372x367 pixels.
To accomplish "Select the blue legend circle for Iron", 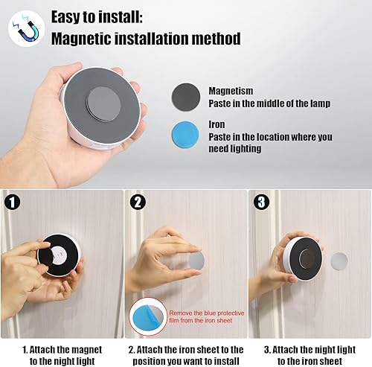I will click(189, 138).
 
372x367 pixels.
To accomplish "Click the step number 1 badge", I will click(13, 201).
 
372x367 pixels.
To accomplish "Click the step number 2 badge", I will click(137, 202).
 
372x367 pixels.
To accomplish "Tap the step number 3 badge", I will click(260, 202).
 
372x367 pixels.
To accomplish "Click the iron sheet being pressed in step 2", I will click(196, 260).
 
